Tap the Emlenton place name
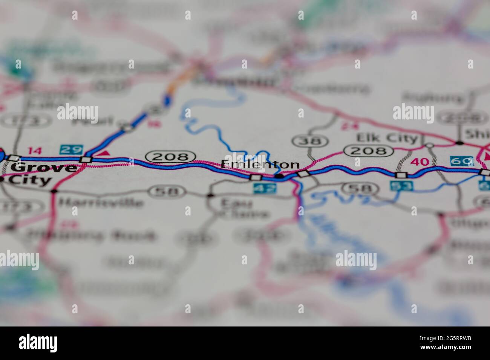pyautogui.click(x=260, y=165)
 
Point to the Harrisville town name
pyautogui.click(x=101, y=203)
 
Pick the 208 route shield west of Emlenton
pyautogui.click(x=171, y=156)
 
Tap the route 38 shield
pyautogui.click(x=310, y=141)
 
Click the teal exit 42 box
pyautogui.click(x=265, y=188)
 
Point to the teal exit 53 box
pyautogui.click(x=401, y=185)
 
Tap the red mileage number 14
pyautogui.click(x=35, y=151)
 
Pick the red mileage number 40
pyautogui.click(x=420, y=162)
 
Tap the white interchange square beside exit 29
pyautogui.click(x=86, y=159)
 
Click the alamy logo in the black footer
pyautogui.click(x=38, y=343)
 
